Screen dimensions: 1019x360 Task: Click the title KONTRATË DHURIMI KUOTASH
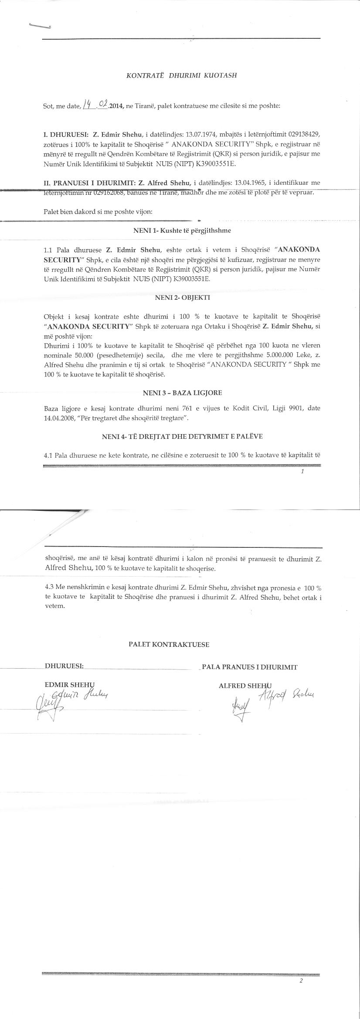tap(181, 75)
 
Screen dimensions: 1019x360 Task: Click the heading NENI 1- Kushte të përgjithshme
tap(182, 231)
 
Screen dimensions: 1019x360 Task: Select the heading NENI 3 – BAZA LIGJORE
tap(182, 393)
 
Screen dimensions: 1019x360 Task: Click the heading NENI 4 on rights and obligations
tap(182, 436)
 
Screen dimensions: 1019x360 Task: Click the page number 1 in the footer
tap(302, 472)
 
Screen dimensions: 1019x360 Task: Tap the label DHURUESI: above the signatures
tap(64, 666)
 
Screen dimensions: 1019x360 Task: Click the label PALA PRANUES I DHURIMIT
tap(250, 667)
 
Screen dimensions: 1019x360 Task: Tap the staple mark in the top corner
tap(40, 26)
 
